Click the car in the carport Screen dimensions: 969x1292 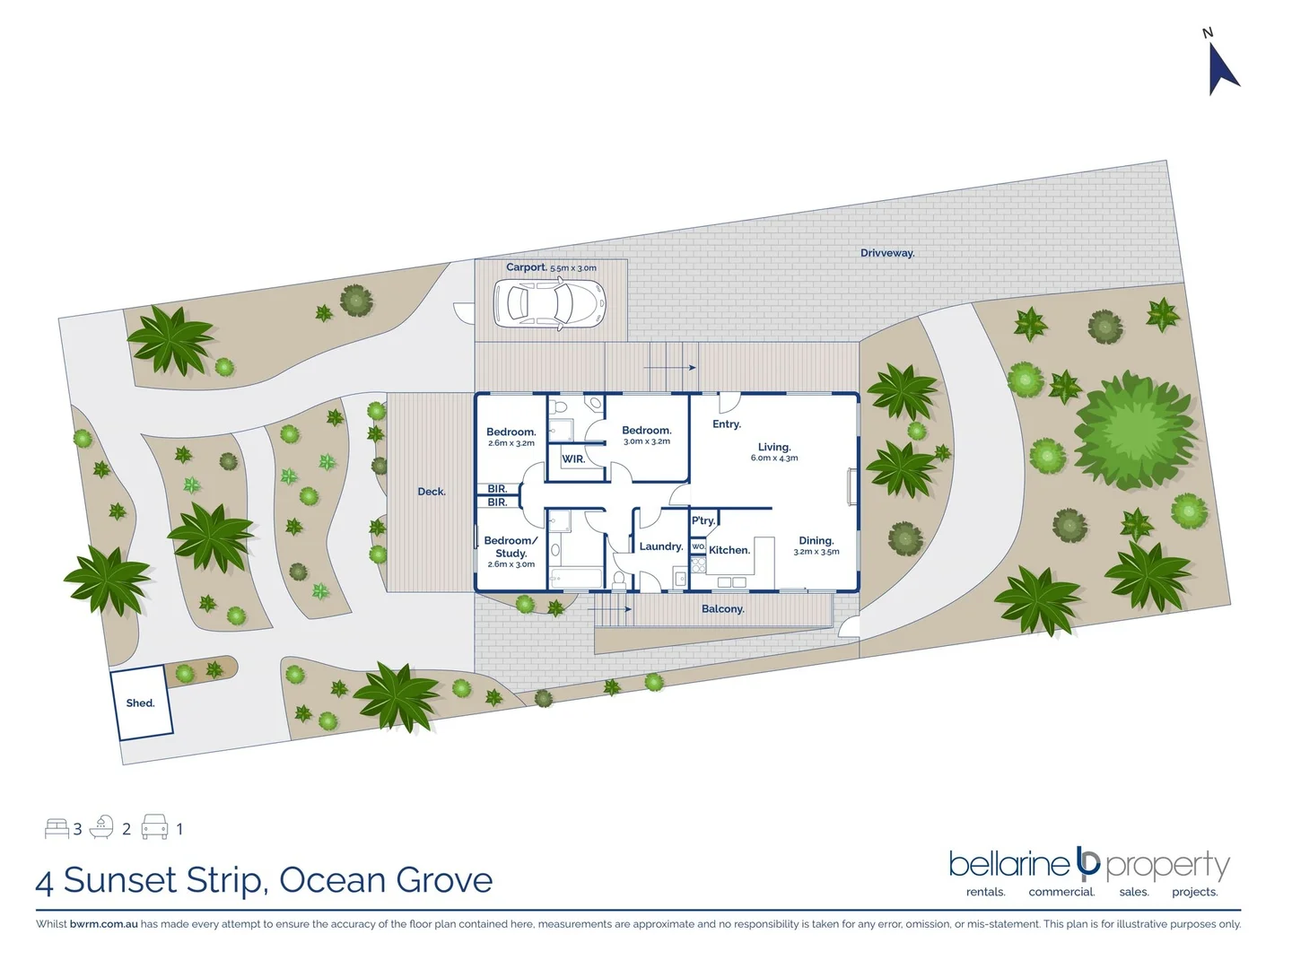(548, 302)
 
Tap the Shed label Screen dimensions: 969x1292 (140, 703)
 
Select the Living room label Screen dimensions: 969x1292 (773, 447)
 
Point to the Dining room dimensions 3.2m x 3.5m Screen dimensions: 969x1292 (816, 552)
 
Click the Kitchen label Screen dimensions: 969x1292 (729, 550)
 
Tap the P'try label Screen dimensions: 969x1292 (703, 520)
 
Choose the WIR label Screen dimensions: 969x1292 (573, 459)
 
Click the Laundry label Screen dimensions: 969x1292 (661, 546)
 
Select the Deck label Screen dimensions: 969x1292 (432, 492)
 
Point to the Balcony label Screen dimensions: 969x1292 (722, 609)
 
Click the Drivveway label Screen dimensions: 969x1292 (887, 253)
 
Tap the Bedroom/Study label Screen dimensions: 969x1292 (511, 546)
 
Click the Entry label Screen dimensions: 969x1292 (726, 424)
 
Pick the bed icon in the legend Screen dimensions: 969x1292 (57, 828)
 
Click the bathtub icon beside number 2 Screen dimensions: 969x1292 (101, 827)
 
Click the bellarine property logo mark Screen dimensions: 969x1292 (1088, 862)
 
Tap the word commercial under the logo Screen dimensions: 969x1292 (1061, 892)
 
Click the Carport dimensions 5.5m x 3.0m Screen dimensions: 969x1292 (573, 268)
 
